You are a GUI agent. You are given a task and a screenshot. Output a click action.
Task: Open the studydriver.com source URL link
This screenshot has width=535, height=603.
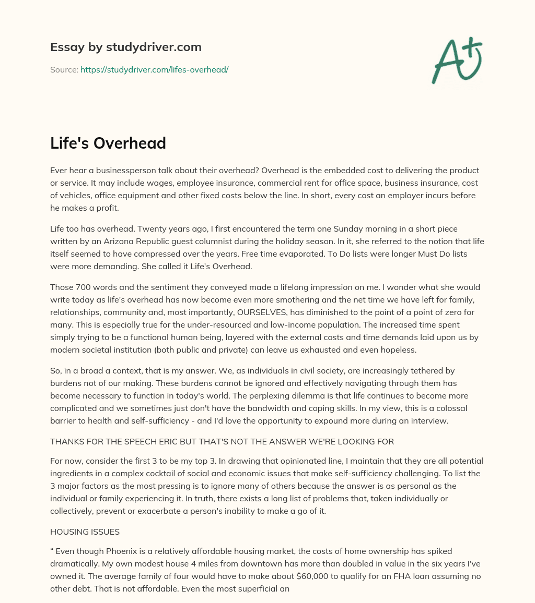point(154,69)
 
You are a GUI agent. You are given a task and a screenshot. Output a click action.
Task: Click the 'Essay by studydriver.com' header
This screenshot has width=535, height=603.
point(126,47)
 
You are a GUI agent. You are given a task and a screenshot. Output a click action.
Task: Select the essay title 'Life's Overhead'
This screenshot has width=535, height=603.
point(108,143)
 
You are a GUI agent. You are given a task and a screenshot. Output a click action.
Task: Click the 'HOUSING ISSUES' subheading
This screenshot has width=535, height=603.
point(85,532)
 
